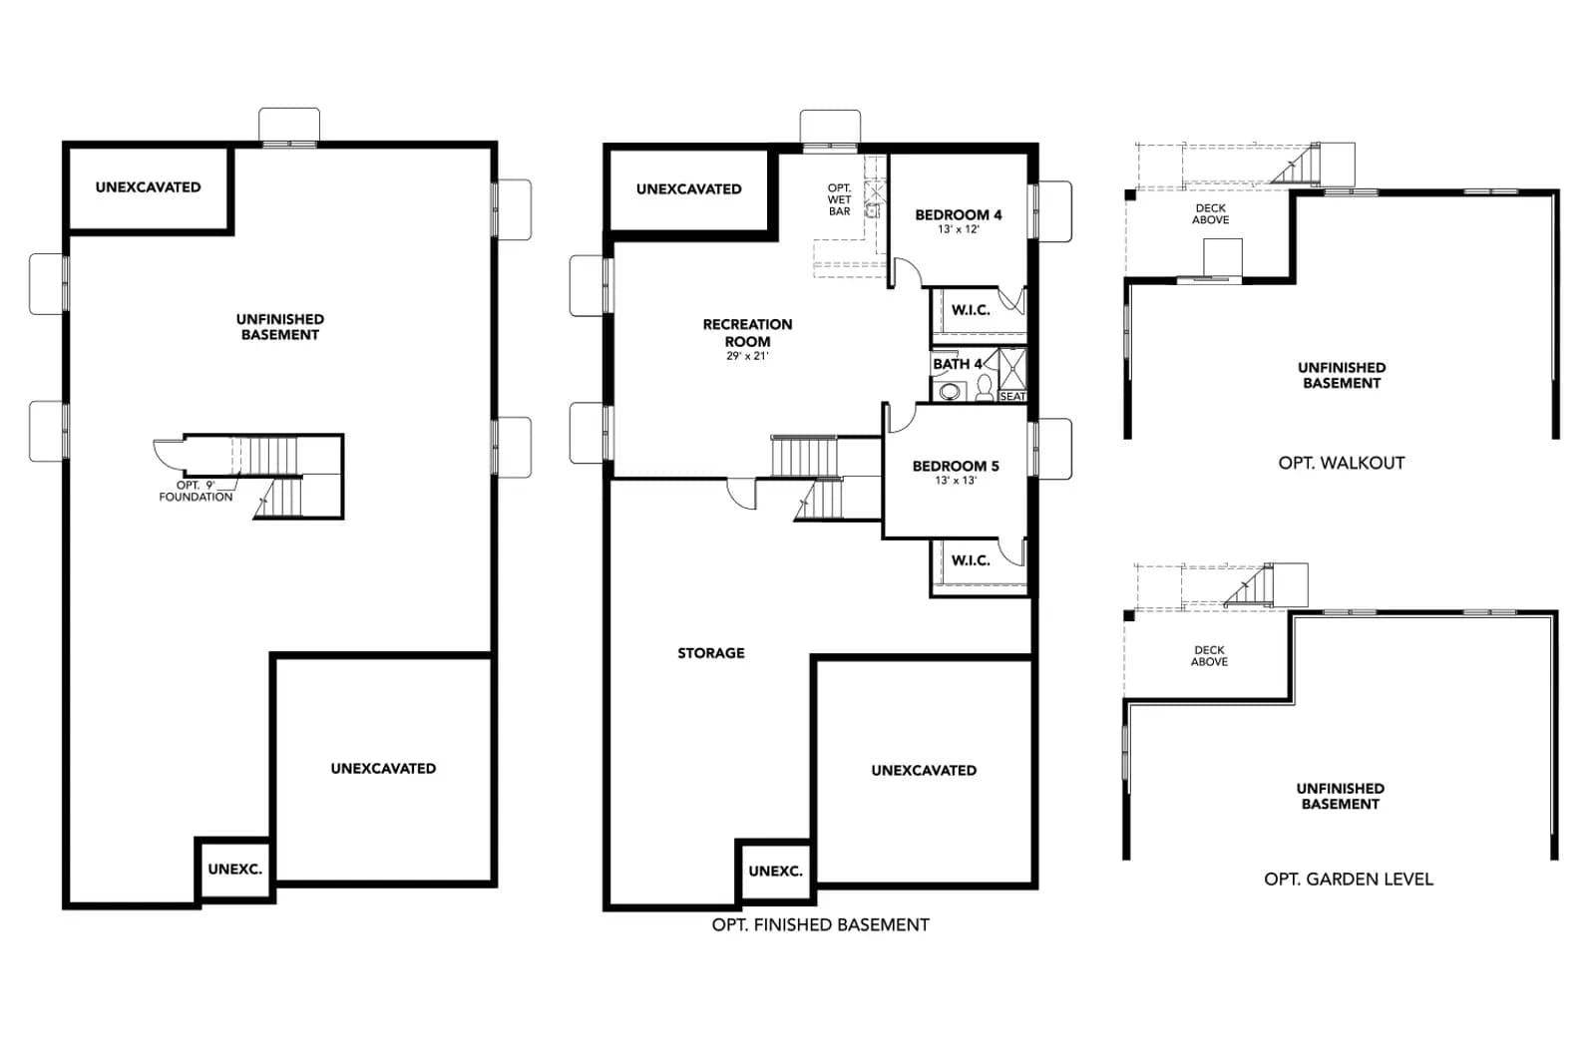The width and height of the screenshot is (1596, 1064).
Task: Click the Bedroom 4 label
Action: coord(959,214)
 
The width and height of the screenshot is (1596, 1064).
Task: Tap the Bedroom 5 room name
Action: coord(956,466)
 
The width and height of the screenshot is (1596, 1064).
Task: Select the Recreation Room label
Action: coord(747,333)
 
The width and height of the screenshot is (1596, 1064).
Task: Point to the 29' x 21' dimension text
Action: coord(747,356)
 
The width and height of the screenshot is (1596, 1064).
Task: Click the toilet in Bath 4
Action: coord(985,388)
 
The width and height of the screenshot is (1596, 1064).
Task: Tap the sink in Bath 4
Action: coord(949,391)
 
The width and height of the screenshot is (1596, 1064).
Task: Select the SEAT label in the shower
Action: coord(1012,396)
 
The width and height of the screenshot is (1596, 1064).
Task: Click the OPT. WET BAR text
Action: coord(839,199)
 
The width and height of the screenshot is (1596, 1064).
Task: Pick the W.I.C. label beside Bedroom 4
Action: coord(971,310)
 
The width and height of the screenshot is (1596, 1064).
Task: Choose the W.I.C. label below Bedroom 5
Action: coord(971,560)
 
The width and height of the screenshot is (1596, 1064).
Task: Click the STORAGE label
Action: coord(711,653)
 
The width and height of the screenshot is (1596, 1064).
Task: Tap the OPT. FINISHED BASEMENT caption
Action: coord(821,924)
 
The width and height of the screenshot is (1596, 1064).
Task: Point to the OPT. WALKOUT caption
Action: coord(1342,463)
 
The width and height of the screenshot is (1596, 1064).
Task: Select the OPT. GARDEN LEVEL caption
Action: coord(1349,879)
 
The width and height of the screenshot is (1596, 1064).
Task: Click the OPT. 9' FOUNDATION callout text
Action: coord(196,491)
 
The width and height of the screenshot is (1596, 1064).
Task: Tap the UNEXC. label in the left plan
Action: coord(235,869)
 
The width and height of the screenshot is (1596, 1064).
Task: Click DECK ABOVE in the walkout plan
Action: coord(1211,213)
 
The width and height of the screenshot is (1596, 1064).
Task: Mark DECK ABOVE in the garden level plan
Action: coord(1209,655)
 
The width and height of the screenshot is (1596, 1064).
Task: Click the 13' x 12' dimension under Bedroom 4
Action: coord(959,229)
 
